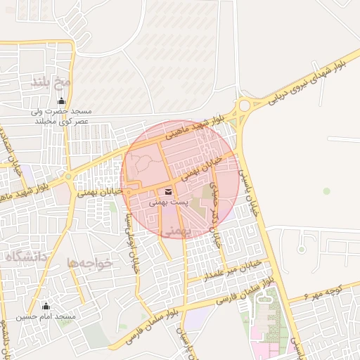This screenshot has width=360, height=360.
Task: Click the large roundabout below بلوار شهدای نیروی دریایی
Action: point(245,107)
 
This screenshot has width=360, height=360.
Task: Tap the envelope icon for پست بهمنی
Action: point(168,191)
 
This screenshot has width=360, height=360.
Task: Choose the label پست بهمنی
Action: point(169,202)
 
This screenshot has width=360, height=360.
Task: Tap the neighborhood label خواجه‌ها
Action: point(90,262)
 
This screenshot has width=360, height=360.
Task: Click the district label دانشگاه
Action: point(27,257)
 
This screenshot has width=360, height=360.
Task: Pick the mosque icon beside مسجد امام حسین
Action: point(46,306)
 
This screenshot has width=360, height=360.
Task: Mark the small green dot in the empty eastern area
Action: point(326,191)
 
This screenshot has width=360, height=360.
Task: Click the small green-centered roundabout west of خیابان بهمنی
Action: point(67,177)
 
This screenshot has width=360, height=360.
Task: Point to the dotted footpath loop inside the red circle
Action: point(143,165)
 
